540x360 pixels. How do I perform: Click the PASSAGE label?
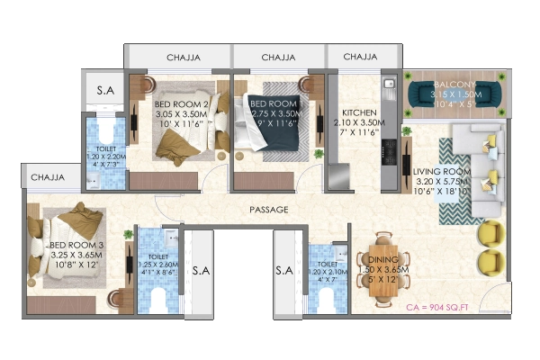(269, 210)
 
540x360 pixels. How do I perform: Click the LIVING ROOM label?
(443, 170)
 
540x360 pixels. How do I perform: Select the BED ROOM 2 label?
(180, 105)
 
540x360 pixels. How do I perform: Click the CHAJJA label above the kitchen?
(358, 58)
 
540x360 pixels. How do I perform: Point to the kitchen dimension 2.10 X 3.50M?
(358, 124)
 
